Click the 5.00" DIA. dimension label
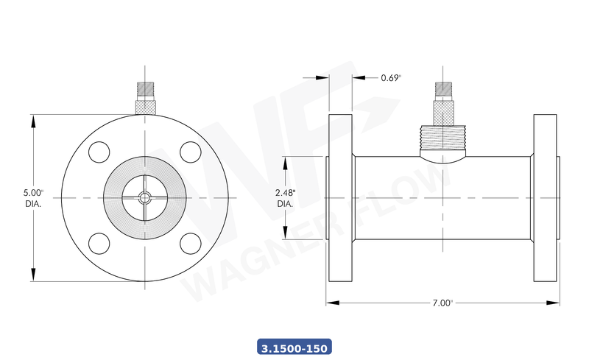point(34,197)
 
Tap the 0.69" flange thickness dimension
point(390,77)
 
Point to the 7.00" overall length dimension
point(441,303)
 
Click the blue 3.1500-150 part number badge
point(294,346)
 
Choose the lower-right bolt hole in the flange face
point(191,243)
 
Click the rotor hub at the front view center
point(145,197)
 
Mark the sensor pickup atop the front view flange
point(145,99)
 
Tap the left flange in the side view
point(339,197)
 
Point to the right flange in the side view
point(546,197)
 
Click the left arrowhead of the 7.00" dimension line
point(331,303)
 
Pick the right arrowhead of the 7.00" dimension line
point(554,303)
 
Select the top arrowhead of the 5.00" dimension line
point(34,119)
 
